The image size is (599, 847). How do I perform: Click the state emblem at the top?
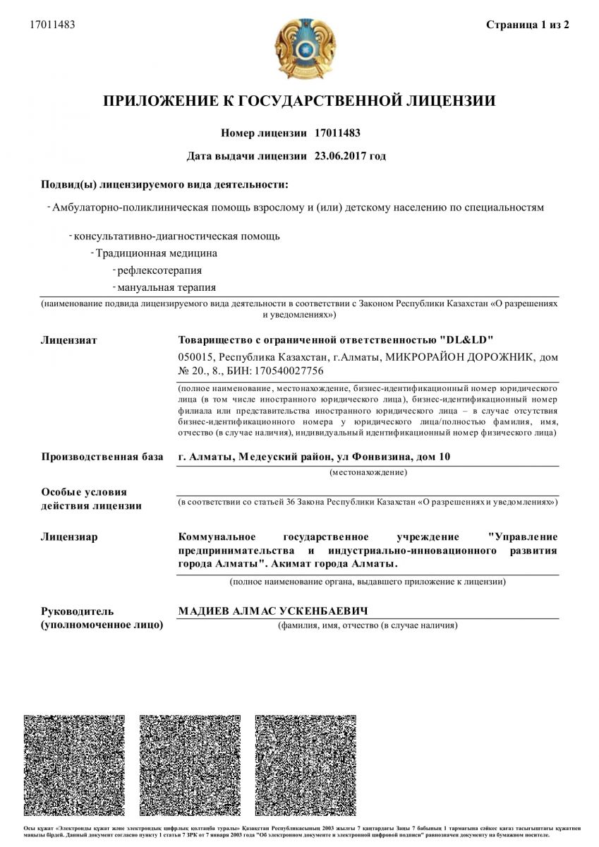(299, 49)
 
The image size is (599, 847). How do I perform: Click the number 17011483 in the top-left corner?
(52, 25)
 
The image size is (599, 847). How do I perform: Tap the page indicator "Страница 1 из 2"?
(528, 25)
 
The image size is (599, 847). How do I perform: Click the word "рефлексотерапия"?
(159, 270)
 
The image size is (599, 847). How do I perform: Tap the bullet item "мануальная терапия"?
(167, 287)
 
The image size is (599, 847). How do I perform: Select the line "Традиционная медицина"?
(157, 253)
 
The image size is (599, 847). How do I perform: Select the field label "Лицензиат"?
(69, 340)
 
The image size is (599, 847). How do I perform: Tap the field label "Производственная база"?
(102, 457)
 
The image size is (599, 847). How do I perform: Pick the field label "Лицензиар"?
(69, 537)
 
